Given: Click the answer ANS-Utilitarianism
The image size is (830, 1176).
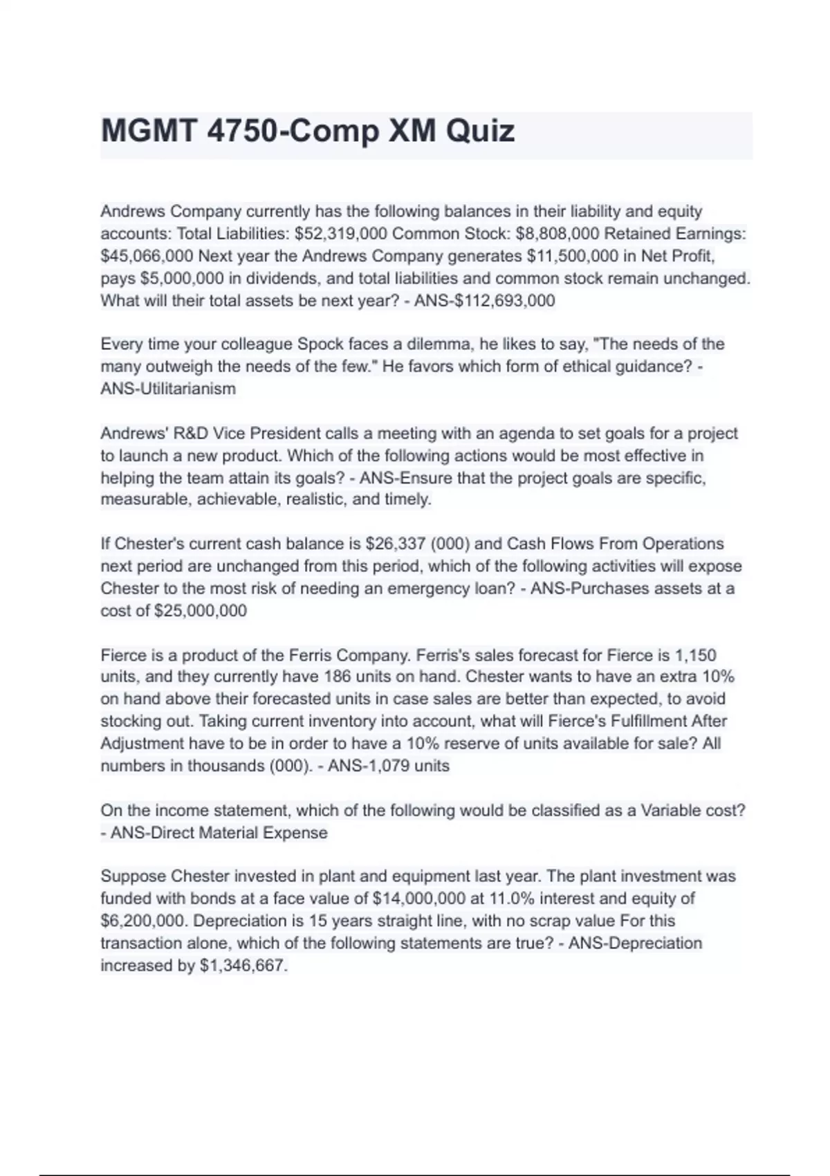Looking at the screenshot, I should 168,389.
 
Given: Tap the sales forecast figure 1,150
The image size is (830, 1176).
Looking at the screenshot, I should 695,655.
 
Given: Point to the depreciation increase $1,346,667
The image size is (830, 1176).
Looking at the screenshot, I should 243,966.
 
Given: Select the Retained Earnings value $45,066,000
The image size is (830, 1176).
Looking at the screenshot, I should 147,256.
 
